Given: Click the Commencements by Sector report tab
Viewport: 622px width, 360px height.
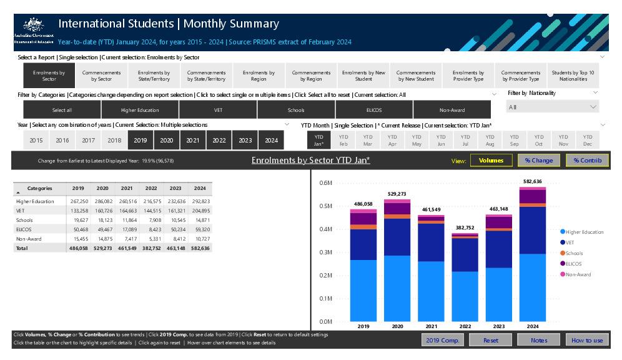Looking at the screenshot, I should [101, 76].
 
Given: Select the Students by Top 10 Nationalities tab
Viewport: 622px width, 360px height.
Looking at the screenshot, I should [573, 76].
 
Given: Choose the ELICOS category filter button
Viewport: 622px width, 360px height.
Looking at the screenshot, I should [373, 110].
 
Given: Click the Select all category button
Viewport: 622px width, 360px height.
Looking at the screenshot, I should [62, 110].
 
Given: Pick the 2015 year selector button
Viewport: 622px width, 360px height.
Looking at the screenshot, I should [36, 141].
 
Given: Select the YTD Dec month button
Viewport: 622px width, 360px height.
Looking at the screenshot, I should [587, 140].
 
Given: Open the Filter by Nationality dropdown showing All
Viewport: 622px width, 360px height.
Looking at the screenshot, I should [553, 107].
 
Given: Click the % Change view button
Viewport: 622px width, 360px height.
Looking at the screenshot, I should [538, 161].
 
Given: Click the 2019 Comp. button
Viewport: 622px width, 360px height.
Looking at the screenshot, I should [442, 340].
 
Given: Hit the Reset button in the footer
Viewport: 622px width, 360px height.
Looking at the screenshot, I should [491, 340].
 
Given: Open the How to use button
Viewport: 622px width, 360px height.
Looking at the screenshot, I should [587, 340].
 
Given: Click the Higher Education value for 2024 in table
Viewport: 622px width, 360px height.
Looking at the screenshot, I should [201, 201].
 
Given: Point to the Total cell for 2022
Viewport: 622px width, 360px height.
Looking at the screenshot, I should [151, 248].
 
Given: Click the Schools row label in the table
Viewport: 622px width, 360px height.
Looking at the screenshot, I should [25, 220].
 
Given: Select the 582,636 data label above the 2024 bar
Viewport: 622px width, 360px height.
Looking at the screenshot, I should [532, 182].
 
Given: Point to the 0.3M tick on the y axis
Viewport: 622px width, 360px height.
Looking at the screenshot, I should [325, 252].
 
